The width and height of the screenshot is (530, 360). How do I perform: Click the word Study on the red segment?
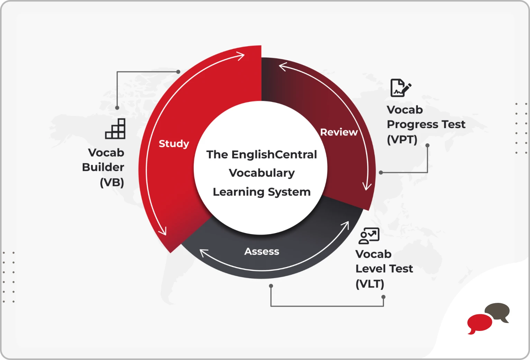pos(174,144)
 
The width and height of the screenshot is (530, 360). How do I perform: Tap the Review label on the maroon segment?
pos(339,132)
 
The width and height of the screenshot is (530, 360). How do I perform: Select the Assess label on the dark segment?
pos(262,251)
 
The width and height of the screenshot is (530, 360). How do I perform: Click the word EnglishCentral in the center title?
pos(274,154)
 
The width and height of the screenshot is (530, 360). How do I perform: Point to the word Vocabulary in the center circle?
pos(262,173)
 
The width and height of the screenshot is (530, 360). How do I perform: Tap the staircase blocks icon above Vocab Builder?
pos(115,128)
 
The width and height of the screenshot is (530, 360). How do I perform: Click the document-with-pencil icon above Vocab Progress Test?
pos(401,88)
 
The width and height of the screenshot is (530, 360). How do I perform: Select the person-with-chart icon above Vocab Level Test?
pos(369,235)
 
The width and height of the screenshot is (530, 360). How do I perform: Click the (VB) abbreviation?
pos(112,182)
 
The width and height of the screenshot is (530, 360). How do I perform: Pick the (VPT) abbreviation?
pos(402,139)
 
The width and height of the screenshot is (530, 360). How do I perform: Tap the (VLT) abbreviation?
pos(370,284)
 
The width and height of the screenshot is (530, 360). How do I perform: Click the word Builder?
pos(103,167)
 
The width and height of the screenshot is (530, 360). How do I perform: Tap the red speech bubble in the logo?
pos(479,323)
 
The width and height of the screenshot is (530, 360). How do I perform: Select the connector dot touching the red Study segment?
pos(178,72)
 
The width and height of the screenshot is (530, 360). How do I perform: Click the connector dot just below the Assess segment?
pos(271,286)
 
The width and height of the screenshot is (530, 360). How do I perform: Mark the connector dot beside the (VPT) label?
pos(427,145)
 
